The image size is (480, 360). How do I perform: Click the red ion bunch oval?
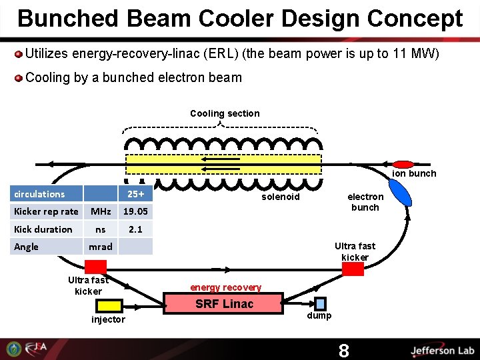coord(402,164)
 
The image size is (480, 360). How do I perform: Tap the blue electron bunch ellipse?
coord(400,192)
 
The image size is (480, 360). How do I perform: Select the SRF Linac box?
coord(224,304)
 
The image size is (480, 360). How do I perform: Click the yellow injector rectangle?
coord(109,305)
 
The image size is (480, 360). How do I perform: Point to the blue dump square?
coord(321,303)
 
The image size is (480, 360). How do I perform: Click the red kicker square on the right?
coord(353,269)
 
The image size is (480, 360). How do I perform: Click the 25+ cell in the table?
coord(136,194)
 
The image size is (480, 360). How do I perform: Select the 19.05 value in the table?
coord(136,211)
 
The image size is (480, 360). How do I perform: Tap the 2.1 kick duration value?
coord(136,229)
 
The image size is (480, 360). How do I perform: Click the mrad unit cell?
coord(101,247)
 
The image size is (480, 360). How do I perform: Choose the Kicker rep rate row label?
coord(46,211)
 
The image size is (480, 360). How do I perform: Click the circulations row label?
coord(40,194)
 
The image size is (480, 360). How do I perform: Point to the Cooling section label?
coord(225,113)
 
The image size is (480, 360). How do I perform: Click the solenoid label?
coord(281,197)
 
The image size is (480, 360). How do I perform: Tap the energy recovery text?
coord(225,287)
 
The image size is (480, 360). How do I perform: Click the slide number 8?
coord(343,351)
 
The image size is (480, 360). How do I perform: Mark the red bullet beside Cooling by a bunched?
coord(19,78)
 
